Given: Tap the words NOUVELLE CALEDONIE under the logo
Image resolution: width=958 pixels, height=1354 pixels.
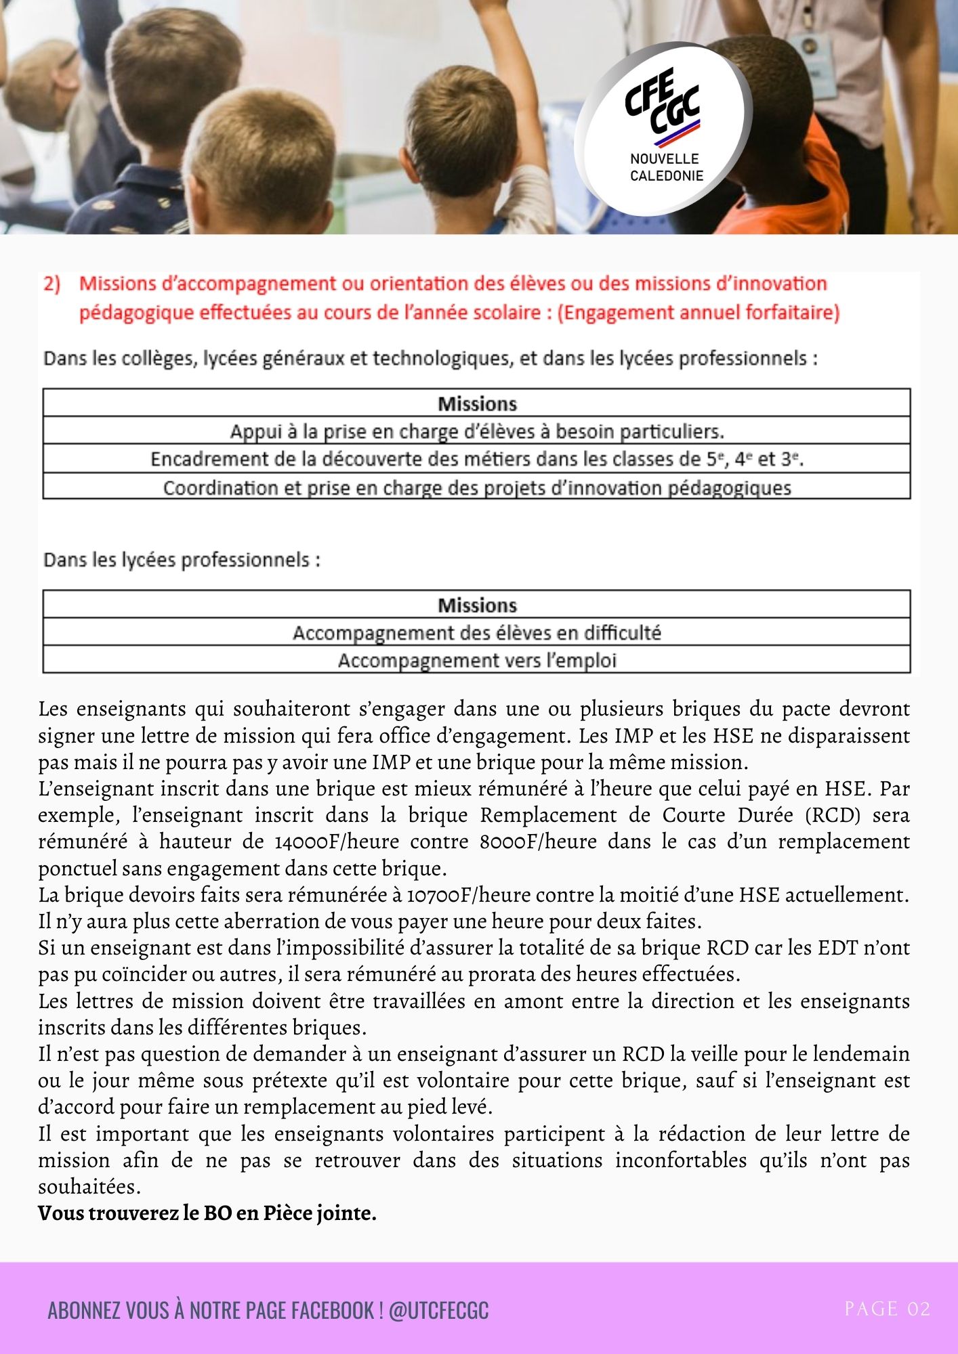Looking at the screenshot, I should [666, 167].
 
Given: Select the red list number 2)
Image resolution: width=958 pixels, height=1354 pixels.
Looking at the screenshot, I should [52, 284].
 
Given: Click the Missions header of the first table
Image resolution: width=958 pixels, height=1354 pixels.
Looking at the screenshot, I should [477, 404].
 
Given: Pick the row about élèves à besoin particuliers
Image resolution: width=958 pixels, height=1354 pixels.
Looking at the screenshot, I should [477, 431].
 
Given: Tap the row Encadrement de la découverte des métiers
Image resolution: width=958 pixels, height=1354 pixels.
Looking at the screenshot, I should [477, 460].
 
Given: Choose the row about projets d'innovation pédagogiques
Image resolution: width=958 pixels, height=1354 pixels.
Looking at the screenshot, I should [477, 487].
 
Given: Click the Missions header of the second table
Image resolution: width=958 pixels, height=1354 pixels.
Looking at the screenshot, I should [477, 605].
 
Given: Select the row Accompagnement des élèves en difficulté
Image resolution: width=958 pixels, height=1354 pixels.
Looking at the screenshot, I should [477, 633].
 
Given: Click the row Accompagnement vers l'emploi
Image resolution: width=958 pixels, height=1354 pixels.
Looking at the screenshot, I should [477, 660].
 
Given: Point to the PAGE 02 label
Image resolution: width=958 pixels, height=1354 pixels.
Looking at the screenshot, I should [887, 1309].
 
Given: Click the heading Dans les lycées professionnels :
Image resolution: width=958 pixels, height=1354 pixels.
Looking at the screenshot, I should [182, 561].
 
